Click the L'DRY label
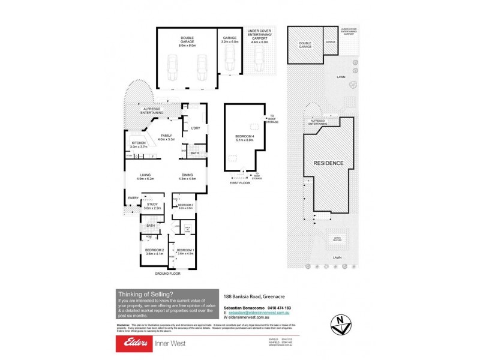point(195,128)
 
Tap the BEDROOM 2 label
point(155,251)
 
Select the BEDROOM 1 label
point(185,251)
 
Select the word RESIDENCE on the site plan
point(328,163)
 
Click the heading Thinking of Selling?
point(146,293)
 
